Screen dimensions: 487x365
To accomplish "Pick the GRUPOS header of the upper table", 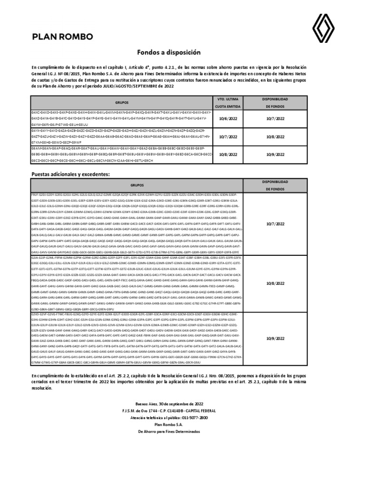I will (122, 102).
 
